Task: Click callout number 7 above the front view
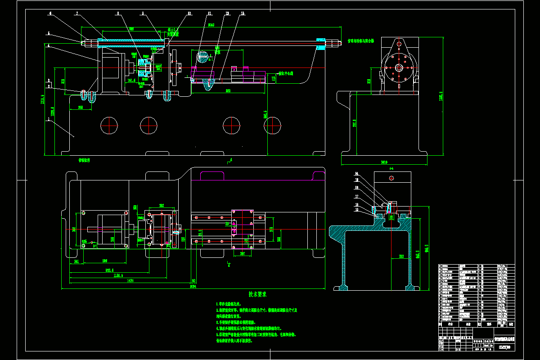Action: [x=77, y=13]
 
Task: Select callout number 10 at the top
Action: [x=189, y=13]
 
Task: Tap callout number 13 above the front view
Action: [x=243, y=13]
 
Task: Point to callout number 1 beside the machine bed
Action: [x=48, y=120]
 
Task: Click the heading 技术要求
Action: [x=258, y=294]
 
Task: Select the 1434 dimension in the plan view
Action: [x=130, y=280]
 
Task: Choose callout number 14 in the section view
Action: [x=357, y=173]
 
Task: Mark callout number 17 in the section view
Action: [x=357, y=196]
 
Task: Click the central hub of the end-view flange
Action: [x=399, y=67]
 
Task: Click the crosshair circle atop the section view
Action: [x=392, y=178]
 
